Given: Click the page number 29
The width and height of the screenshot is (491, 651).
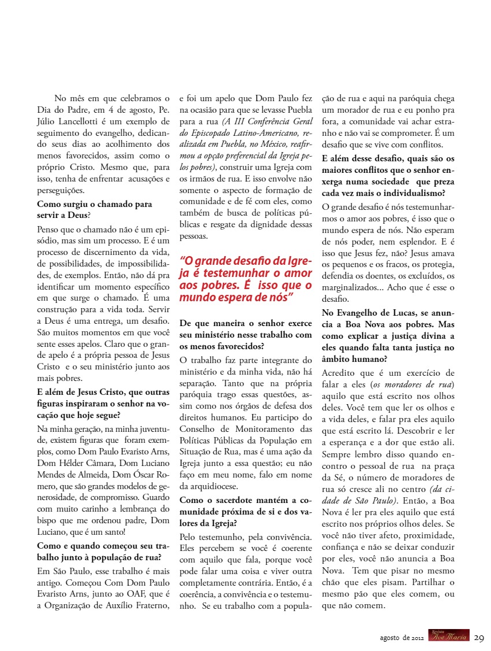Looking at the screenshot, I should point(479,638).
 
